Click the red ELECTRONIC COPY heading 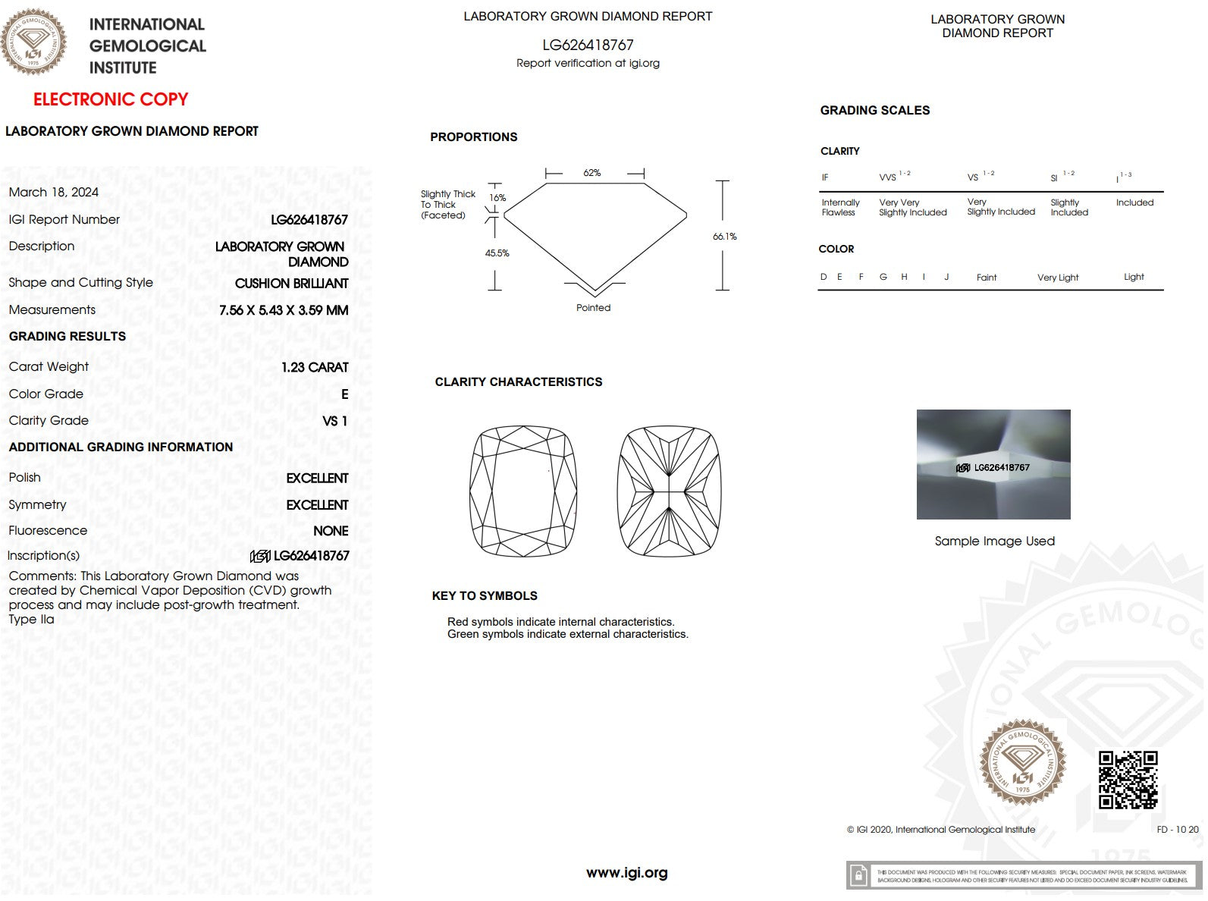click(x=111, y=99)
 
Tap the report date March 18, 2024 click(x=54, y=193)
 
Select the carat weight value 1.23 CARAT click(x=315, y=367)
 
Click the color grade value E click(x=345, y=394)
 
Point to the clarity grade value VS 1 click(x=334, y=421)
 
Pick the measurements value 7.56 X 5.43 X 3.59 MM click(x=284, y=310)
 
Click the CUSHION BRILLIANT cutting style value click(x=291, y=284)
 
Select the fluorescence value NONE click(x=331, y=531)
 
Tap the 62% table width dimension click(x=592, y=173)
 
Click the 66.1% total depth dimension click(x=724, y=237)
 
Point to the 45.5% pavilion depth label click(x=497, y=253)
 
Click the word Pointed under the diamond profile click(x=593, y=308)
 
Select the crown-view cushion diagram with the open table click(x=523, y=491)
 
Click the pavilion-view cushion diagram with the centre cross click(x=669, y=491)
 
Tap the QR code click(x=1128, y=780)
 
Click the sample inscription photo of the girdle click(x=993, y=464)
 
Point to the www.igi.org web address click(x=627, y=873)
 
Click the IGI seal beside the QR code click(x=1022, y=762)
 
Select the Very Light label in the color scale click(x=1058, y=278)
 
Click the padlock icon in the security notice click(x=858, y=876)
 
